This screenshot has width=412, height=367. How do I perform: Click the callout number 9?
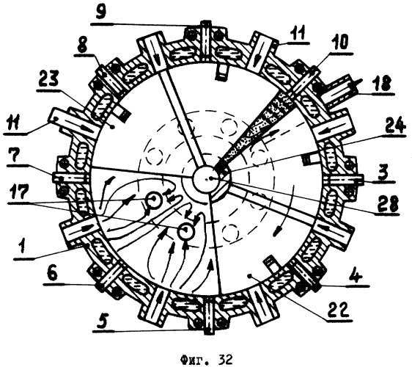point(102,13)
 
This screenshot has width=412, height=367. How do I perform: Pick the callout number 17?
point(18,192)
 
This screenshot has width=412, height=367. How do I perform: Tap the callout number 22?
point(339,310)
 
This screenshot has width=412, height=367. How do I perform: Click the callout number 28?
point(388,204)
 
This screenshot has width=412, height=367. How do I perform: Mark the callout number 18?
point(383,84)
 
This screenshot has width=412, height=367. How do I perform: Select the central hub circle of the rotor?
point(206,179)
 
